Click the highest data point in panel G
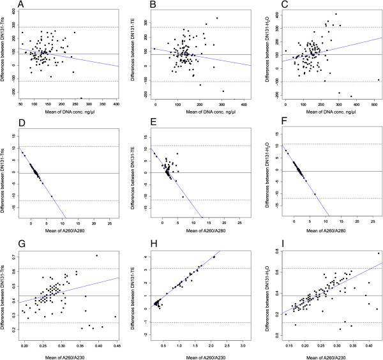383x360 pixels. coord(96,255)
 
